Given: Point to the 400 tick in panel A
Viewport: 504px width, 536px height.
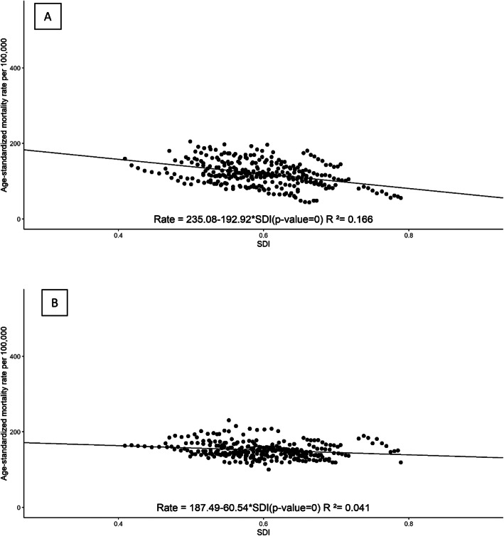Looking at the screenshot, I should (13, 68).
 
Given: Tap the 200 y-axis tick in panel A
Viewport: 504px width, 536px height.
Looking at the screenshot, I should (13, 143).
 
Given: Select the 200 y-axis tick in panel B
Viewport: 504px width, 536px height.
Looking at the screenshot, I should (13, 432).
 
